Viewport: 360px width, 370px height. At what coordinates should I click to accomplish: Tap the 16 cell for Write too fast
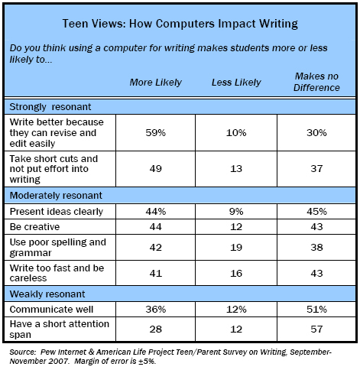[233, 271]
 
